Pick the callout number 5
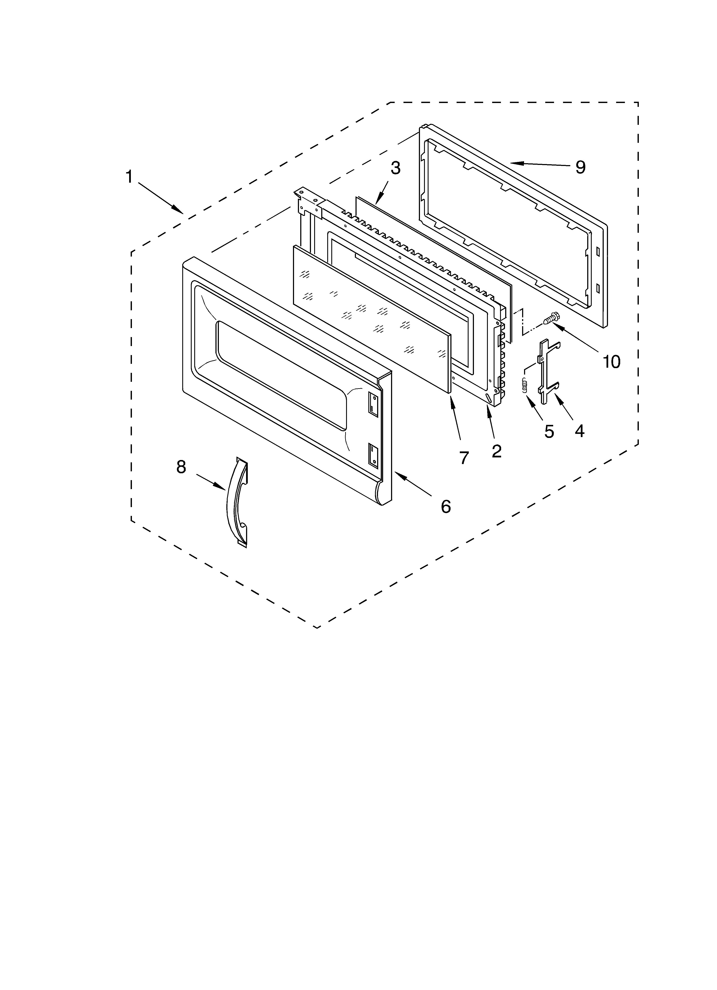pos(549,431)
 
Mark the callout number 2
pos(496,451)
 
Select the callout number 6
pos(445,506)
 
